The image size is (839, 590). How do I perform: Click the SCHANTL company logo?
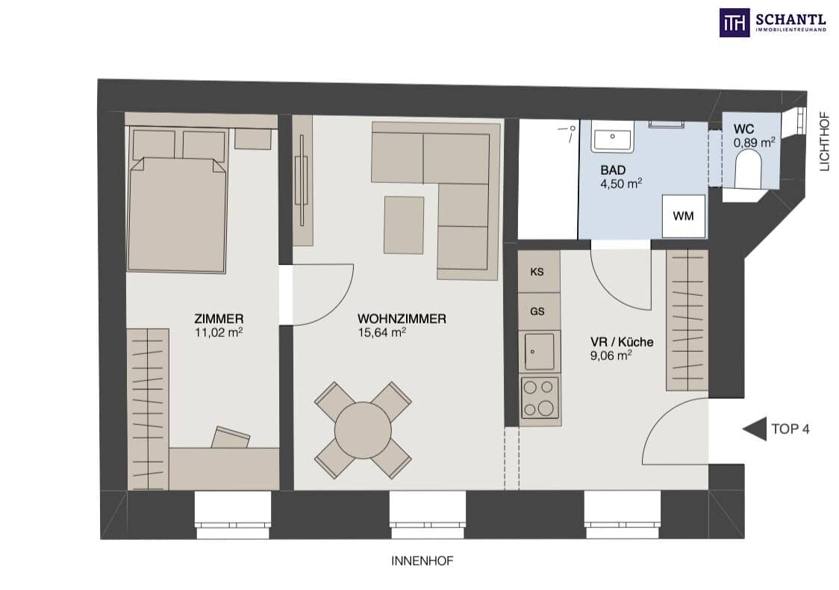pyautogui.click(x=773, y=22)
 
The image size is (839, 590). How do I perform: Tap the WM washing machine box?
pyautogui.click(x=683, y=217)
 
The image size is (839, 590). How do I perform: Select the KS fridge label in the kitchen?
pyautogui.click(x=537, y=272)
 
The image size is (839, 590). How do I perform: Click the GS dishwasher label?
pyautogui.click(x=537, y=311)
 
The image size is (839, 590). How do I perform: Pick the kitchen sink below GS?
pyautogui.click(x=540, y=351)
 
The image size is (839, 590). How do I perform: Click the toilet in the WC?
pyautogui.click(x=747, y=169)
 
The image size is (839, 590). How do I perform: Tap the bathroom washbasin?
pyautogui.click(x=612, y=136)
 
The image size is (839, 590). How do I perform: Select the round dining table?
pyautogui.click(x=363, y=430)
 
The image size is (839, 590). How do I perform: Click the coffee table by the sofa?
pyautogui.click(x=404, y=225)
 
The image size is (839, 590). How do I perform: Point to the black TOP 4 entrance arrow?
pyautogui.click(x=755, y=429)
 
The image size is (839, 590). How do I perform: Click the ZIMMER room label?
pyautogui.click(x=219, y=319)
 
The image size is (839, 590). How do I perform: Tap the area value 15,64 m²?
pyautogui.click(x=381, y=332)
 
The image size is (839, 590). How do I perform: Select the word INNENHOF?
pyautogui.click(x=422, y=561)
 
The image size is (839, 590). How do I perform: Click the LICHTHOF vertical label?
pyautogui.click(x=825, y=141)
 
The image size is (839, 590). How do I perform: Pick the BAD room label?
pyautogui.click(x=613, y=170)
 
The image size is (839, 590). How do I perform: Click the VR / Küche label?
pyautogui.click(x=622, y=341)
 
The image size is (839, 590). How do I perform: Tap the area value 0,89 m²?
pyautogui.click(x=755, y=143)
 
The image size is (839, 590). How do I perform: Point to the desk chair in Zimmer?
pyautogui.click(x=231, y=438)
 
